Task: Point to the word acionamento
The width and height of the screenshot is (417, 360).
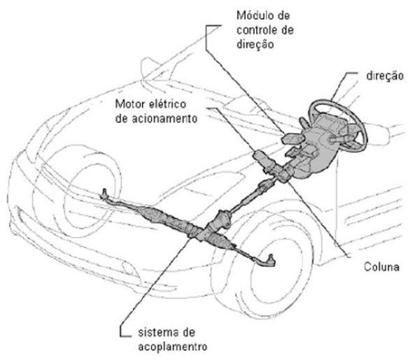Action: (166, 118)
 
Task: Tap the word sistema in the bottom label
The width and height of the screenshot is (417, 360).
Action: (150, 331)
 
